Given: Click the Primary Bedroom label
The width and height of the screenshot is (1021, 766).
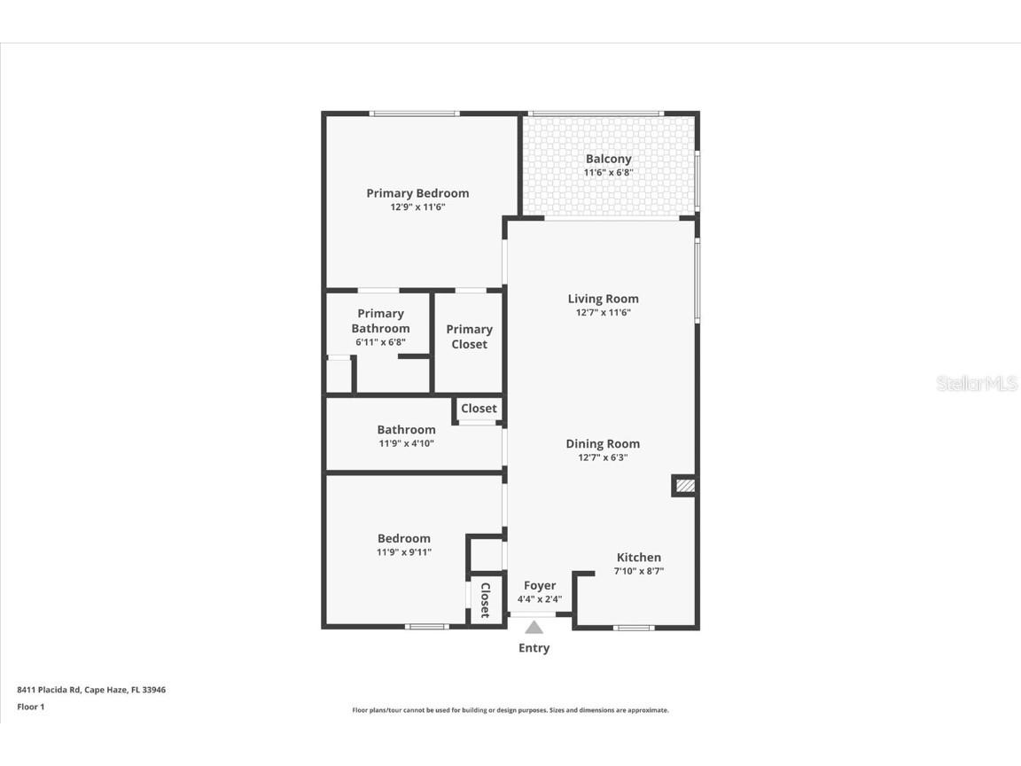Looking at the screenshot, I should click(x=417, y=193).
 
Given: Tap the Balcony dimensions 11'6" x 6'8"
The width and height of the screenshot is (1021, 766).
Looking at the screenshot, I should click(x=608, y=173).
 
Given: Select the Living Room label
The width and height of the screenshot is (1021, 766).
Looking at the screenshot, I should click(x=603, y=299).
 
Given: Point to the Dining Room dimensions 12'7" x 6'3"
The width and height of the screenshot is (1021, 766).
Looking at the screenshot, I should click(x=603, y=457).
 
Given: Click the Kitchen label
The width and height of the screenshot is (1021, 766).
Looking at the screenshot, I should click(x=638, y=558).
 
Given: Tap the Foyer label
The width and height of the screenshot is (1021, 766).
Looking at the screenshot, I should click(x=540, y=585).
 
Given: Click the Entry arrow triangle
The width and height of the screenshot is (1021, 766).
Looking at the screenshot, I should click(x=534, y=628).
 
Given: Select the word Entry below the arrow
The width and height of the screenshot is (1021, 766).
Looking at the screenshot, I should click(x=534, y=648).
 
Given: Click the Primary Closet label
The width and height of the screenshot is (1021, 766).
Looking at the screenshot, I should click(x=469, y=337).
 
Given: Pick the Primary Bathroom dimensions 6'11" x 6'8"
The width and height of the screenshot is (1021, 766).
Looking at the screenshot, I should click(x=380, y=342).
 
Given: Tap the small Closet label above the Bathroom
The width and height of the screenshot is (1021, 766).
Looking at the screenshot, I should click(x=479, y=409).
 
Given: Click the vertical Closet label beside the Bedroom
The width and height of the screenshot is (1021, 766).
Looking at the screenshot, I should click(x=485, y=600).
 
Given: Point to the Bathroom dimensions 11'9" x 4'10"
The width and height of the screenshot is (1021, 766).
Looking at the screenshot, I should click(x=406, y=443).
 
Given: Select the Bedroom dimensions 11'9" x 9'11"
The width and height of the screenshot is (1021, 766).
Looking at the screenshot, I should click(x=404, y=552).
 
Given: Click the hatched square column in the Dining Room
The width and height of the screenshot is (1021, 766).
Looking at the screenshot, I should click(x=684, y=485).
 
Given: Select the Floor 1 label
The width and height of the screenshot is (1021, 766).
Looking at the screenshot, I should click(x=30, y=707).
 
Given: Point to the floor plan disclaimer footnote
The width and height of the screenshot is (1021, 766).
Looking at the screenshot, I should click(x=510, y=710).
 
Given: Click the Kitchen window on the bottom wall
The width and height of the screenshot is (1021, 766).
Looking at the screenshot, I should click(x=634, y=628).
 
